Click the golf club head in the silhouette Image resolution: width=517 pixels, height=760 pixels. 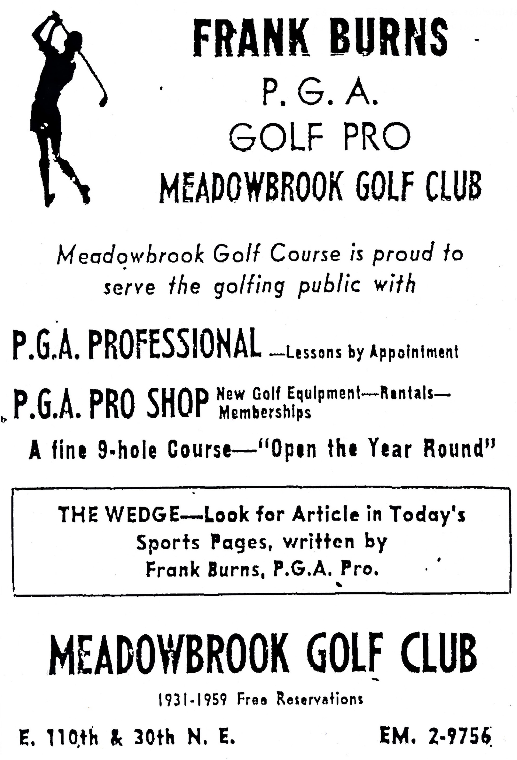pos(103,100)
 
